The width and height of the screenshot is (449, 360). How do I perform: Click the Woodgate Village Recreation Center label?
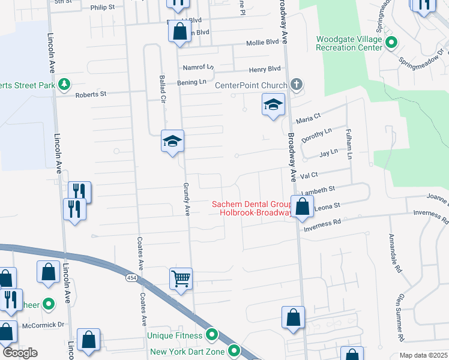tap(349, 43)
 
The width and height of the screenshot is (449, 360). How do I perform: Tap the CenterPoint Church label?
tap(252, 85)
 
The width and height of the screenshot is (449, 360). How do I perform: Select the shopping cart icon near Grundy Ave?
tap(181, 278)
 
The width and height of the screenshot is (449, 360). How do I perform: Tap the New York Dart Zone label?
tap(187, 352)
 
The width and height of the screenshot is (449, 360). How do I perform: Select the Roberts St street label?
tap(90, 94)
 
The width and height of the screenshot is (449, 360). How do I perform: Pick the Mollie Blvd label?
tap(263, 43)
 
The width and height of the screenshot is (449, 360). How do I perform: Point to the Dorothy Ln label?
tap(316, 136)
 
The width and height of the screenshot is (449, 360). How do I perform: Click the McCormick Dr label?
tap(44, 325)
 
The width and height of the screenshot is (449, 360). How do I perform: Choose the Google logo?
tap(20, 353)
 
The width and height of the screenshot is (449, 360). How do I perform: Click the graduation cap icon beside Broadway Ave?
tap(273, 106)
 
